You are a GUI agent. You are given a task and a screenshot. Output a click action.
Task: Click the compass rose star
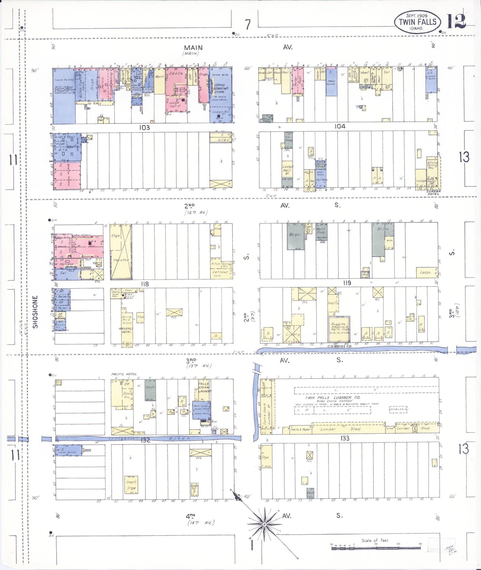264,524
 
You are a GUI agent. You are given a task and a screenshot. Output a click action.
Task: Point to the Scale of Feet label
375,540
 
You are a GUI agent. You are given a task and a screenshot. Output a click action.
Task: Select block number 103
144,127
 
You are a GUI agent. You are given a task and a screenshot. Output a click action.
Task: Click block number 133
345,438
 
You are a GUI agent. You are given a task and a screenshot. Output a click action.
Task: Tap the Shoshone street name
36,312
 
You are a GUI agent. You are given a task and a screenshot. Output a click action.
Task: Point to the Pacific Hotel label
124,374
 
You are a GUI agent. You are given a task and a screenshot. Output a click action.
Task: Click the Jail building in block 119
365,274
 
